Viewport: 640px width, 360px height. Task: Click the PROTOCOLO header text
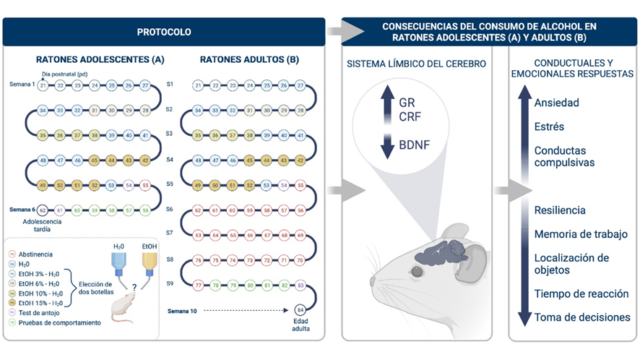(164, 32)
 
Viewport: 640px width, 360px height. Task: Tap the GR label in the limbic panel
(407, 103)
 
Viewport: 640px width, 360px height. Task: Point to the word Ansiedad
(556, 103)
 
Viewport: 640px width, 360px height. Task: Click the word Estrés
(549, 127)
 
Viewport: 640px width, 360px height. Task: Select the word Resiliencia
(560, 210)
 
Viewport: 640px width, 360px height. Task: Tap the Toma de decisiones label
(582, 317)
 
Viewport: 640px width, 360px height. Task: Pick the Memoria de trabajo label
(581, 234)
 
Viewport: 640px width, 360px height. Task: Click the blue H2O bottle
(119, 270)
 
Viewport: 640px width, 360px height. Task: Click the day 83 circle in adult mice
(302, 285)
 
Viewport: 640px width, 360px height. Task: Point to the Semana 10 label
(183, 309)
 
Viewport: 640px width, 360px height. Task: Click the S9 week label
(170, 285)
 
